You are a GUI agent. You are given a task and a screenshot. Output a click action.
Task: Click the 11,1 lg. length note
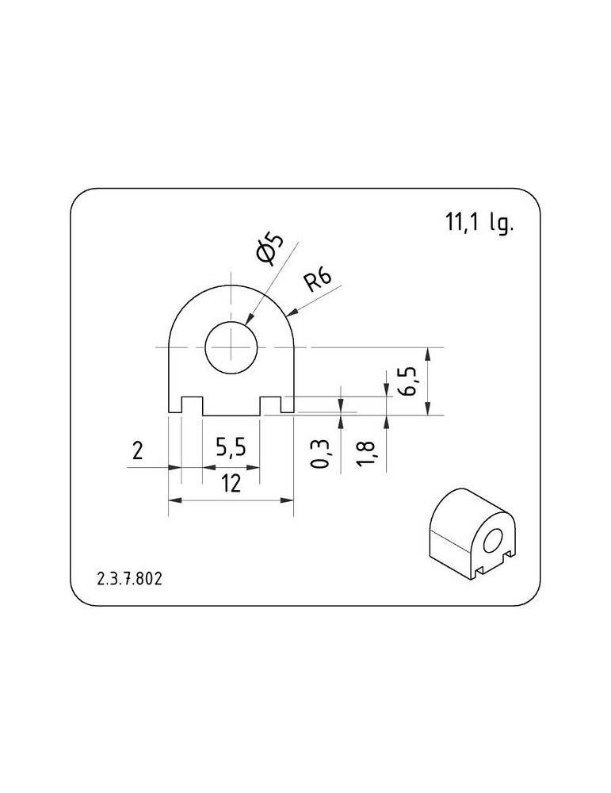[x=478, y=223]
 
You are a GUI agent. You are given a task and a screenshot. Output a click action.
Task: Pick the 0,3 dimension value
[x=320, y=454]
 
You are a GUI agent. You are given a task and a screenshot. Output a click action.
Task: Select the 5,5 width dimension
[x=231, y=447]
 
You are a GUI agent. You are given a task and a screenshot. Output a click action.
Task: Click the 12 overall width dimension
[x=231, y=484]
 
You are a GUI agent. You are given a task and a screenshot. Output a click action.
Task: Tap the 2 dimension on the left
[x=137, y=450]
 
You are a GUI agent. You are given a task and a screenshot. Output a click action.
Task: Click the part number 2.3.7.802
[x=129, y=579]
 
